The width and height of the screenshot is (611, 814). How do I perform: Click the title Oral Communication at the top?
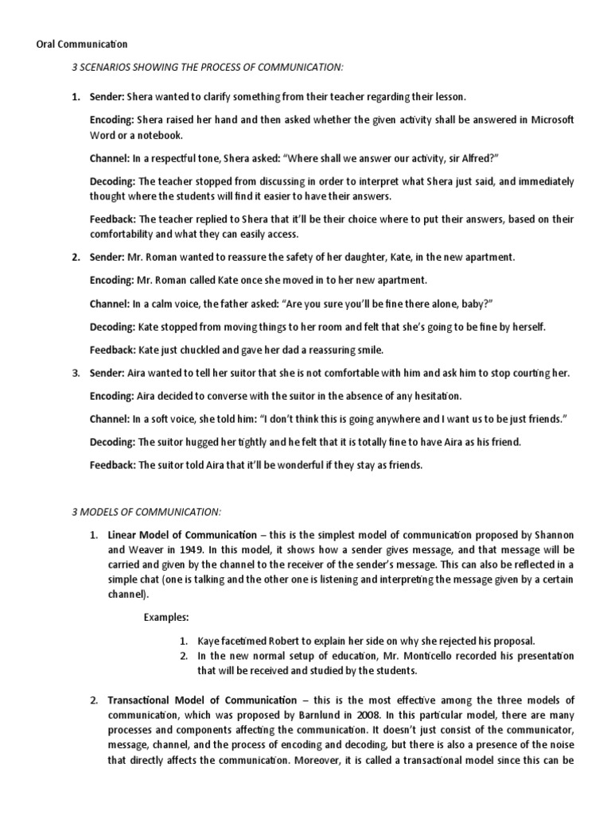tap(82, 44)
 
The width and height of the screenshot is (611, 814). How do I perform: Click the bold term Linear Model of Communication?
tap(182, 535)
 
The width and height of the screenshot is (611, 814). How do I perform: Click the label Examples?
tap(166, 616)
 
